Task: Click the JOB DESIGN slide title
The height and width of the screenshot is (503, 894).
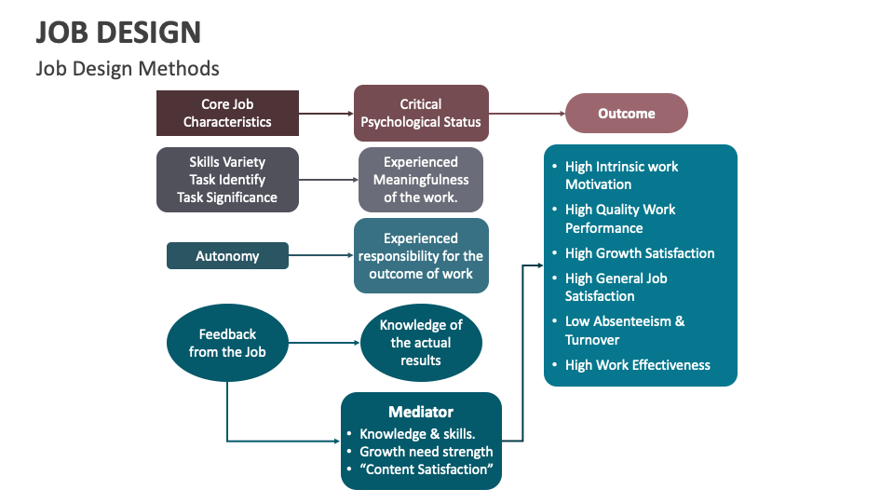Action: point(118,32)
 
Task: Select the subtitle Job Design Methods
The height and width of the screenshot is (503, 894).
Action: point(128,68)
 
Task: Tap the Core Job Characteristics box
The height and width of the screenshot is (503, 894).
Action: point(227,113)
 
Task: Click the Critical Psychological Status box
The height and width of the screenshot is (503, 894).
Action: point(421,113)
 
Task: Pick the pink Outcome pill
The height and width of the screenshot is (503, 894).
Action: point(627,114)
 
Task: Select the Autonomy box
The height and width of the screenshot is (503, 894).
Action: point(227,256)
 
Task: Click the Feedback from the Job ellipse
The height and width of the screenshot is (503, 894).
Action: point(227,343)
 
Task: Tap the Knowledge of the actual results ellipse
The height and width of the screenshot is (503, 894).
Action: point(421,343)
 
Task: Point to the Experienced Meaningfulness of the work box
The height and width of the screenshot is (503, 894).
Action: point(421,180)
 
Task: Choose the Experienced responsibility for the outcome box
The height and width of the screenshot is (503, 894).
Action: point(421,256)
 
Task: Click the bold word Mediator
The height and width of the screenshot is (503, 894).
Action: point(421,412)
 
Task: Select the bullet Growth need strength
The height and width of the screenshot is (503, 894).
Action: point(427,452)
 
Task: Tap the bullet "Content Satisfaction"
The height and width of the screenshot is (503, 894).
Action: point(427,469)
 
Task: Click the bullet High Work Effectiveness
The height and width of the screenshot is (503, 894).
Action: point(638,365)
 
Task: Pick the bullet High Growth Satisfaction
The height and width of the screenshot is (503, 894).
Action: point(640,253)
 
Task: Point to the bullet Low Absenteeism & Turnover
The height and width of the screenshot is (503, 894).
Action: point(625,331)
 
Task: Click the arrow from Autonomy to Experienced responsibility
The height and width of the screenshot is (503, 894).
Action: point(321,256)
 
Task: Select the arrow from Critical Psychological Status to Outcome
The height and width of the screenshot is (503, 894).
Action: point(527,114)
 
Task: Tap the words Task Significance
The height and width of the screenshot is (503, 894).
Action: point(227,197)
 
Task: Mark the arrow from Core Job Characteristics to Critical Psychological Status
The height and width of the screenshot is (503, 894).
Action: point(326,114)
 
